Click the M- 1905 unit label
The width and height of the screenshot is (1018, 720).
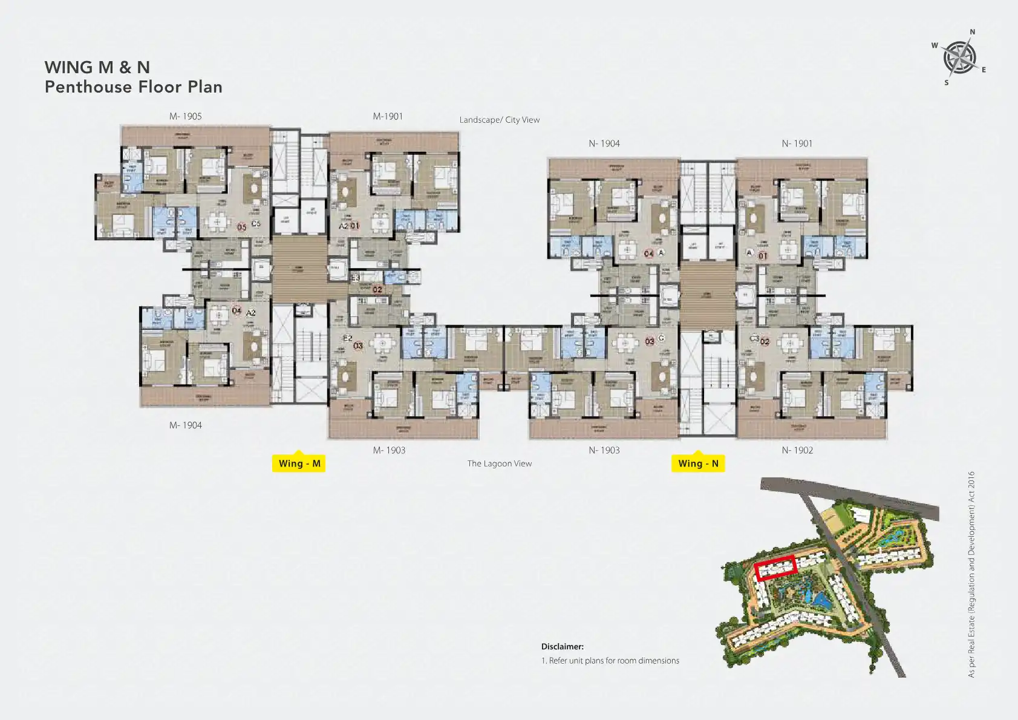pos(185,116)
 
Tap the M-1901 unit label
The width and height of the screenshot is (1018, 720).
pos(388,116)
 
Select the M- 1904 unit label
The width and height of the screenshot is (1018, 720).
pos(185,425)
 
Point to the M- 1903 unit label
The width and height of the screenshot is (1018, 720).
pos(389,450)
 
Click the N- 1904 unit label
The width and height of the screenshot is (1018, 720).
pos(604,143)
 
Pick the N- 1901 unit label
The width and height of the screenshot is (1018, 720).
pos(797,143)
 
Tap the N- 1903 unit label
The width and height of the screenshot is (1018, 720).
pos(604,450)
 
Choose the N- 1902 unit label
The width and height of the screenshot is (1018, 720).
pos(797,450)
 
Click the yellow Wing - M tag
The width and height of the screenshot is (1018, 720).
pos(299,463)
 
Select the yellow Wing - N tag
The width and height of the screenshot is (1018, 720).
pos(698,463)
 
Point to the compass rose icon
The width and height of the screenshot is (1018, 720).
pos(959,57)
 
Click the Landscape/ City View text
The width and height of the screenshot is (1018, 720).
pos(499,120)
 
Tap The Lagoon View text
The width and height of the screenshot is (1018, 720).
pos(499,463)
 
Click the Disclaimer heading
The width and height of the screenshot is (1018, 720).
pos(562,646)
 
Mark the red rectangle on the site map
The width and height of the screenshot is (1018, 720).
pos(775,568)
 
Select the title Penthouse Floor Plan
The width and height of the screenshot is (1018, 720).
pos(134,87)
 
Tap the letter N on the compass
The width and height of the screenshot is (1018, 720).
pos(973,32)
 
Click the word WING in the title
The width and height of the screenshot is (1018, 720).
pos(68,67)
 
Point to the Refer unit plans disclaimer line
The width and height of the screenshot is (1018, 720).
pos(610,661)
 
